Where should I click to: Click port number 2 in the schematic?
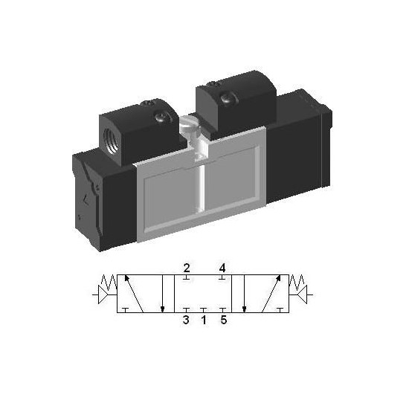tap(187, 268)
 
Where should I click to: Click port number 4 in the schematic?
tap(222, 268)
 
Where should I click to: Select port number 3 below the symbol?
tap(186, 320)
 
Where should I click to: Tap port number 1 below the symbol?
tap(204, 320)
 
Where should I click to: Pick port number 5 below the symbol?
tap(224, 320)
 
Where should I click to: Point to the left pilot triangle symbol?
tap(103, 294)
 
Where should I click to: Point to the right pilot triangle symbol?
tap(303, 294)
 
